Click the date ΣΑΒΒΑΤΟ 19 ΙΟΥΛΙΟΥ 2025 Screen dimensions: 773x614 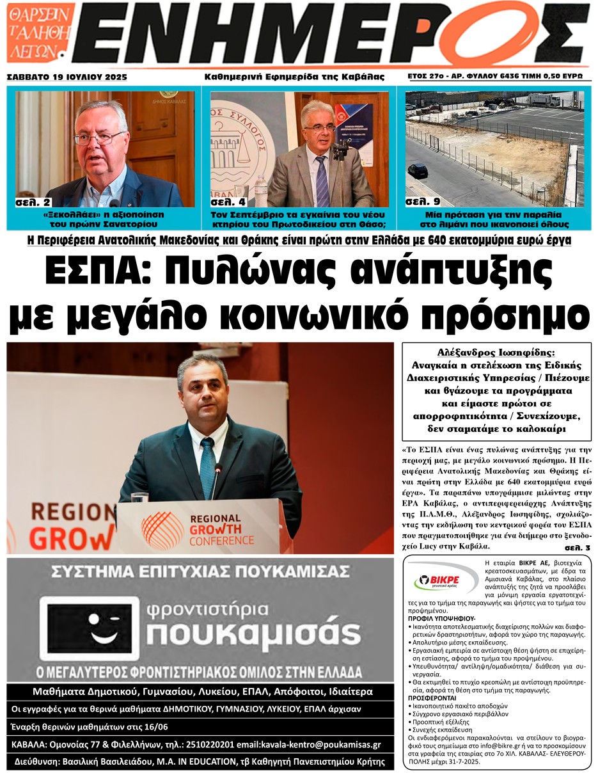point(67,77)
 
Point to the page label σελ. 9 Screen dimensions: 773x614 point(422,203)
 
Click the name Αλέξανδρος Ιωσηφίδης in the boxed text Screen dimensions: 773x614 point(496,353)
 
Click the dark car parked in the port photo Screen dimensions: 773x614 point(418,171)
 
